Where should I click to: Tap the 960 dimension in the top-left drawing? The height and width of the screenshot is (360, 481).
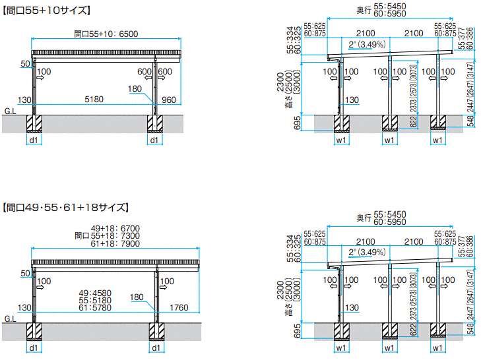(168, 100)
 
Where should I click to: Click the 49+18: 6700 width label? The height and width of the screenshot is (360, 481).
(114, 228)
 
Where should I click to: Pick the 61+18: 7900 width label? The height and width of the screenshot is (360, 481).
(114, 243)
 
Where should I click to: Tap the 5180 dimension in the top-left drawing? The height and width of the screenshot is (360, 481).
(94, 100)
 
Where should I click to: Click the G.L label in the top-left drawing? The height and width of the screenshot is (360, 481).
(9, 113)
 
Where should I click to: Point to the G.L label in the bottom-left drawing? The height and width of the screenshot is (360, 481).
(9, 319)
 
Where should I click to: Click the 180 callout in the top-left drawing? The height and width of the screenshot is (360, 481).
(135, 88)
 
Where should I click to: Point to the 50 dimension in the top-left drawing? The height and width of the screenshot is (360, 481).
(26, 64)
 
